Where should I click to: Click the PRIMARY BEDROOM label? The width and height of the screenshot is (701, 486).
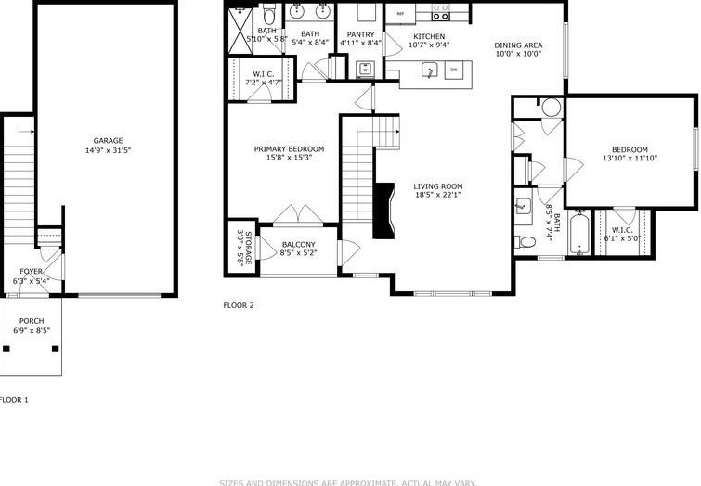point(289,149)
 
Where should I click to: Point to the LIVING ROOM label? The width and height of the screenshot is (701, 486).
point(437,186)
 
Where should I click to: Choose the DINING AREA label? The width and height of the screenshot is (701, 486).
point(518,45)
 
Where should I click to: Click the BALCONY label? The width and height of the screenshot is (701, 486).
point(298,244)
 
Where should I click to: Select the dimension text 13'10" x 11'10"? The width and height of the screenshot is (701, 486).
point(629,159)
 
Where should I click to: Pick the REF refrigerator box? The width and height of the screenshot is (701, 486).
point(400,13)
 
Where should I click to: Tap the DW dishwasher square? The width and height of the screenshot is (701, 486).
point(454,70)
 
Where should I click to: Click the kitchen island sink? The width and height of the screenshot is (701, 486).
point(429,70)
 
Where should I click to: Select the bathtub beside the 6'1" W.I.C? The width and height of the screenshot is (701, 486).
point(579,237)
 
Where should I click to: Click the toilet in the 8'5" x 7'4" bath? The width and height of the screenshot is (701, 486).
point(526,242)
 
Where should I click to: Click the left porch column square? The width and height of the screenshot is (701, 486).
point(7,349)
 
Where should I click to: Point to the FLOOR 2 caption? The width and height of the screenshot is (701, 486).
point(239,304)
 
